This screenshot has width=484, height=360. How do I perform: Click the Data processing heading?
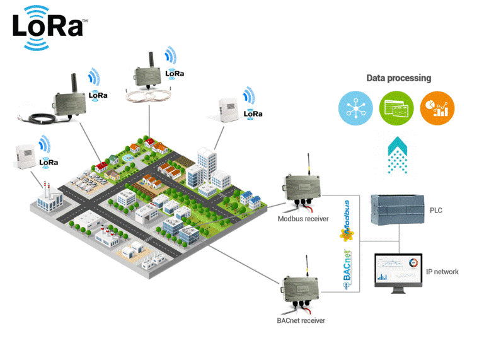(x=398, y=78)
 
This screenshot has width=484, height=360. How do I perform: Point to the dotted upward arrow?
(x=397, y=154)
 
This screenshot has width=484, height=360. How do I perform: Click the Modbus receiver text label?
(x=302, y=219)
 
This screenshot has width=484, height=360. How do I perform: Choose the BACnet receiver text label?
(x=301, y=320)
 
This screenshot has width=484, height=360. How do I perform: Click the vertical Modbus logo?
(x=345, y=220)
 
